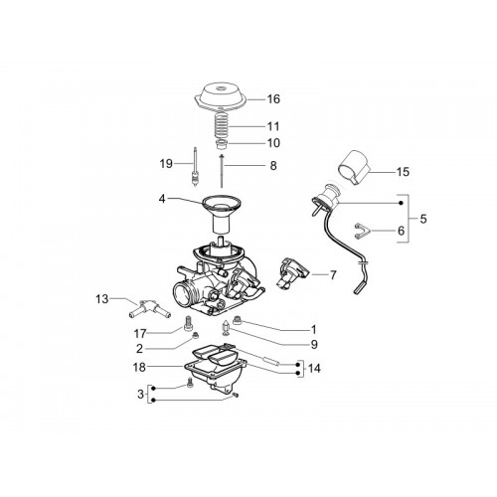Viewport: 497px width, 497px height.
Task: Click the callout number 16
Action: click(273, 98)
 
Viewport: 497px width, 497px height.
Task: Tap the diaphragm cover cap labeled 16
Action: click(221, 96)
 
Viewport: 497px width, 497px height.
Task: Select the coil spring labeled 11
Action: click(222, 125)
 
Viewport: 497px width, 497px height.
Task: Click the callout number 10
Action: click(273, 143)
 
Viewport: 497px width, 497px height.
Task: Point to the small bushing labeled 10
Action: click(221, 144)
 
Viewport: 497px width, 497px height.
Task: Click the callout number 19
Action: click(166, 163)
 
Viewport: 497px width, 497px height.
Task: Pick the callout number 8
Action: click(273, 165)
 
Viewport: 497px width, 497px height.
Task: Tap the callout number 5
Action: click(423, 219)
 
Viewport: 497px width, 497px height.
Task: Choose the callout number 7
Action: click(333, 274)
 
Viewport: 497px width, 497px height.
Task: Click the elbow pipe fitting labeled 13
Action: click(149, 309)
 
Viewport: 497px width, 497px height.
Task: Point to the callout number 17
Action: click(140, 333)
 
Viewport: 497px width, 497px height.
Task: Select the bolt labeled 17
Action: click(188, 323)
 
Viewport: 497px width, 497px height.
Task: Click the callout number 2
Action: click(139, 348)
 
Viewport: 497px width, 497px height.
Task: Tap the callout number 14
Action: click(314, 368)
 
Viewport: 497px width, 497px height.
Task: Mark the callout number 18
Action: click(139, 367)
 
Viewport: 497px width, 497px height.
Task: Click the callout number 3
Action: click(141, 395)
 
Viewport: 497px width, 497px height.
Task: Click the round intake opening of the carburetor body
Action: click(183, 294)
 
